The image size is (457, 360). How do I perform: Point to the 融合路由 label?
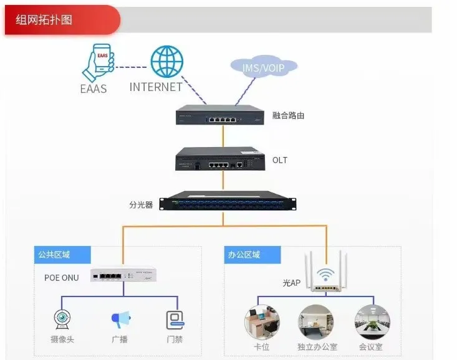pos(288,116)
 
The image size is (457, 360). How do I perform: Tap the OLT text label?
pos(280,160)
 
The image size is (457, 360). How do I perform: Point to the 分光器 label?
pos(141,204)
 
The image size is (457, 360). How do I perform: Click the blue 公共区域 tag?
pos(62,255)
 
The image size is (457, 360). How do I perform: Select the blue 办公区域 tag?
pos(252,255)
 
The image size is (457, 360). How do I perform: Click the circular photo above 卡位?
pos(262,322)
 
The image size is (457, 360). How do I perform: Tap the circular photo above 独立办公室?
pos(316,322)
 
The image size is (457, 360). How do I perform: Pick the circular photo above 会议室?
pos(372,322)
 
